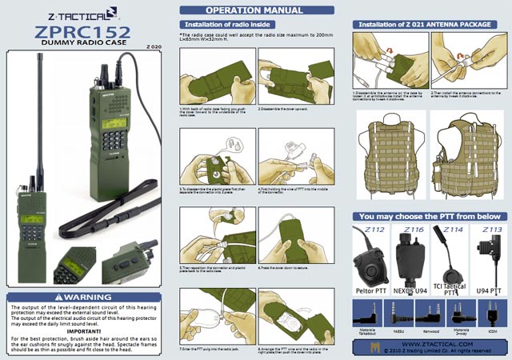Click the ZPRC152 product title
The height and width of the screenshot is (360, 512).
pyautogui.click(x=84, y=33)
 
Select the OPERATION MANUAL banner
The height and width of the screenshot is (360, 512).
pyautogui.click(x=254, y=10)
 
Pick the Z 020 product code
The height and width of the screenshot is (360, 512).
pyautogui.click(x=154, y=47)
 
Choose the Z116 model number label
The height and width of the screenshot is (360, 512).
pyautogui.click(x=413, y=230)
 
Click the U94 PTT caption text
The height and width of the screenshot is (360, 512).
pyautogui.click(x=490, y=291)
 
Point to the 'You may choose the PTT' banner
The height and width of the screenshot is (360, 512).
pyautogui.click(x=429, y=217)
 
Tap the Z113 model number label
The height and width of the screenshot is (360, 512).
pyautogui.click(x=490, y=230)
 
